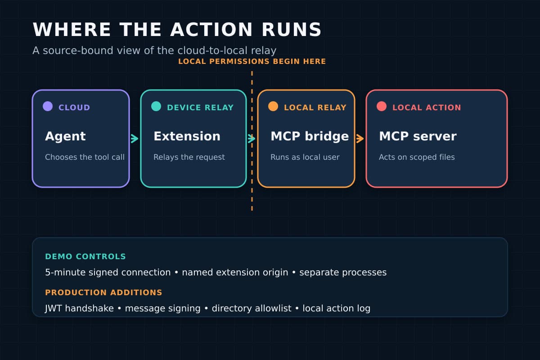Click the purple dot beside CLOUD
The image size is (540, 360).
(48, 106)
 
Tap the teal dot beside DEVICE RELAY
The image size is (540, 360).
(156, 106)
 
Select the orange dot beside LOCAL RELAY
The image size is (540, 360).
(273, 106)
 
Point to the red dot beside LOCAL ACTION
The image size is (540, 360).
(382, 106)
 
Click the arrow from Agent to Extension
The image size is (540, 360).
(135, 139)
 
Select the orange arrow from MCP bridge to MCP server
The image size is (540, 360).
(360, 139)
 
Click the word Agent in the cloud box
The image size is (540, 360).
(65, 136)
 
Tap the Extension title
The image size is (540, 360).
(187, 136)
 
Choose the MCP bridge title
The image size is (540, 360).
(310, 136)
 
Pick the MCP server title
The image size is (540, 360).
(418, 136)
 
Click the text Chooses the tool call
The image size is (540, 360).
(85, 157)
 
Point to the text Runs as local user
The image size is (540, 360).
(305, 157)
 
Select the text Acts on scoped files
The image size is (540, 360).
(417, 157)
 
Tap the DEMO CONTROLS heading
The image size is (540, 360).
(85, 256)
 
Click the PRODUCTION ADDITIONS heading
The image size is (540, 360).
(103, 292)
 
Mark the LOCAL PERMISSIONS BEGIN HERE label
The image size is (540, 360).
(252, 62)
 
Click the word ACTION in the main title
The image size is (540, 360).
(211, 30)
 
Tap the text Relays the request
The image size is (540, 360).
(189, 157)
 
